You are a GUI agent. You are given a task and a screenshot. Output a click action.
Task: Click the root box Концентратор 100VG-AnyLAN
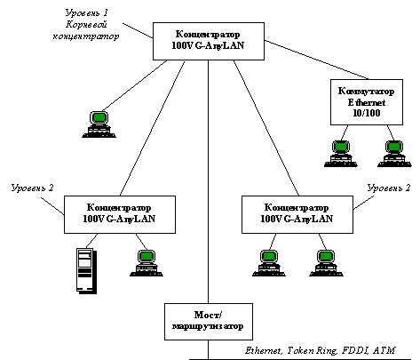click(209, 41)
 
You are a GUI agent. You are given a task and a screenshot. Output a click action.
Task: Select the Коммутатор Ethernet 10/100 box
click(367, 102)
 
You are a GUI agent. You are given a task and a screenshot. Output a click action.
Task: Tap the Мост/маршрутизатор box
click(209, 322)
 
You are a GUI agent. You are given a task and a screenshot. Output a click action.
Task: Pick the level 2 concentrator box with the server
click(120, 214)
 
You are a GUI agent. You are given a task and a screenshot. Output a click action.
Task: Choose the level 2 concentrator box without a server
click(297, 214)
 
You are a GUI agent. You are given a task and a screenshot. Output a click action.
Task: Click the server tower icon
click(86, 271)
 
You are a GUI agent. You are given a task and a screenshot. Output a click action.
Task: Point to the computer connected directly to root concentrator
click(99, 124)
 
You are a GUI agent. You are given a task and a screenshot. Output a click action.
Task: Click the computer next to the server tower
click(147, 263)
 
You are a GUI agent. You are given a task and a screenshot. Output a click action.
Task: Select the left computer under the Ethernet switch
click(341, 154)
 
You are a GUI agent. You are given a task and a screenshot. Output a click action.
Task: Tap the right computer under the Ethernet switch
click(394, 154)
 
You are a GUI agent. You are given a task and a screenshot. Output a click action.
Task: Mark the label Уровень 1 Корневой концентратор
click(86, 24)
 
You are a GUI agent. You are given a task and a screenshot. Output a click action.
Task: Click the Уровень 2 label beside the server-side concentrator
click(32, 188)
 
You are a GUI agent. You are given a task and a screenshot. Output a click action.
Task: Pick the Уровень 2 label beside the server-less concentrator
click(389, 188)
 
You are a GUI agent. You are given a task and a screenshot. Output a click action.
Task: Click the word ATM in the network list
click(384, 350)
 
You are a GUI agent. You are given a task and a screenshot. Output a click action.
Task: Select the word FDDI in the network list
click(355, 351)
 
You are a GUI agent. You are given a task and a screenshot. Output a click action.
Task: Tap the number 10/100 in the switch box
click(367, 113)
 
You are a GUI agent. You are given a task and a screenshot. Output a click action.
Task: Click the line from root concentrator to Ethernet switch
click(316, 60)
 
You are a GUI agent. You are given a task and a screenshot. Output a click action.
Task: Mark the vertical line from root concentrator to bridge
click(208, 181)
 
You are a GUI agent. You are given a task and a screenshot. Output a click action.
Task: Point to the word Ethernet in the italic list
click(264, 351)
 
